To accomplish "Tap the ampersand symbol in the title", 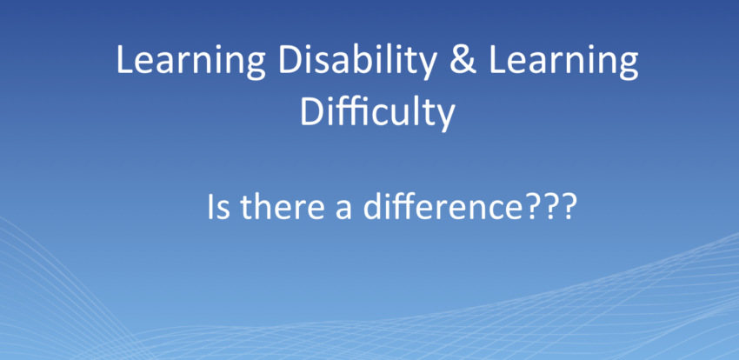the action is tap(463, 59).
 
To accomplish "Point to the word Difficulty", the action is tap(377, 113).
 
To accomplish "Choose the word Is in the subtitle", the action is tap(219, 206).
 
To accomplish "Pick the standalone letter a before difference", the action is tap(343, 210).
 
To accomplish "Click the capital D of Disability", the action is tap(292, 59).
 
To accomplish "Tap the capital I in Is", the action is tap(211, 206).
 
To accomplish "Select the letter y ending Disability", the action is tap(427, 66).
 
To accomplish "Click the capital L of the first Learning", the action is tap(125, 59).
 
